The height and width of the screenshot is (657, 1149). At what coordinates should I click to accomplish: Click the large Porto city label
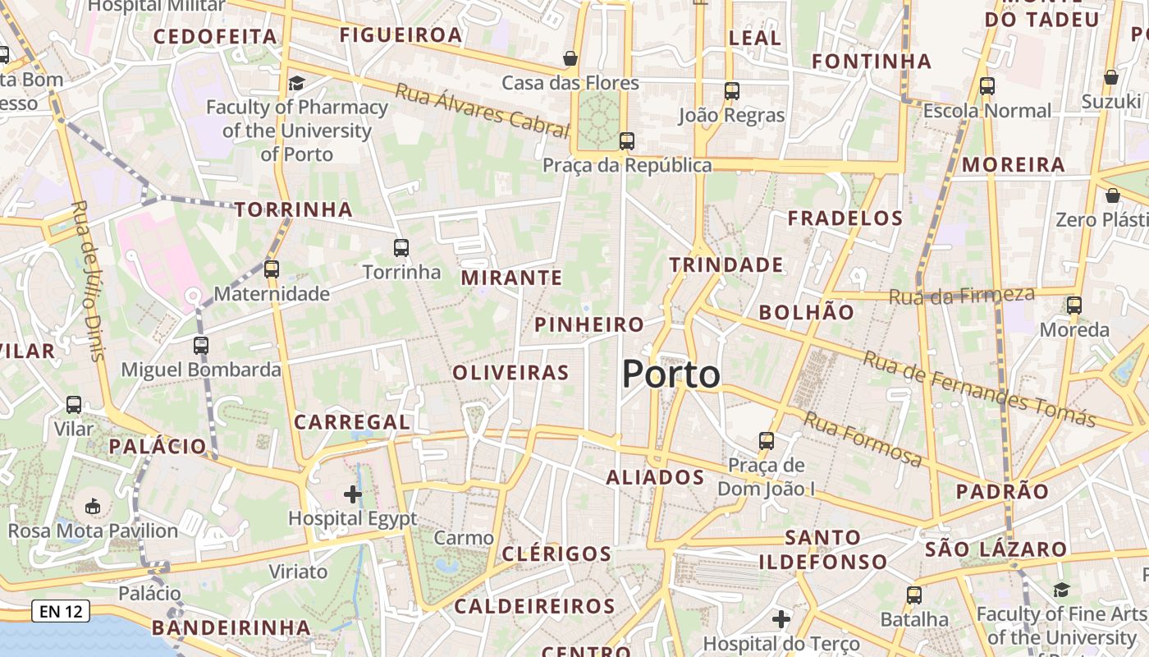[x=671, y=375]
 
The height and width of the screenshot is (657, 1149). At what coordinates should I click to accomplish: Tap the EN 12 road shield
[x=61, y=611]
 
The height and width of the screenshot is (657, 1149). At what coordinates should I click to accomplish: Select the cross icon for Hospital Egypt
[x=353, y=494]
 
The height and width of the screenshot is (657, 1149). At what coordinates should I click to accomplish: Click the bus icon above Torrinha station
[x=401, y=247]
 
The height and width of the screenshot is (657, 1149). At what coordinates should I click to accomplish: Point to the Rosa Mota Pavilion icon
[x=93, y=506]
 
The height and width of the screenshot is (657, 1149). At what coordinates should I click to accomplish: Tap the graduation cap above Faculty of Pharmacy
[x=296, y=83]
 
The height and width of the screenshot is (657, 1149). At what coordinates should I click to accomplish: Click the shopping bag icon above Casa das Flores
[x=570, y=58]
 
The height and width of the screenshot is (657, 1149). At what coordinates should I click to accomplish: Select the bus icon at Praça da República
[x=627, y=140]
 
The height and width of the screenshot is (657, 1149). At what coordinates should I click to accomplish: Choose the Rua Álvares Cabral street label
[x=482, y=110]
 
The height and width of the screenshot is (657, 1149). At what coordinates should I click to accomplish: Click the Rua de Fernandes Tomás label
[x=979, y=388]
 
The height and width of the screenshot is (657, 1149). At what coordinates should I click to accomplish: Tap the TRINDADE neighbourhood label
[x=726, y=265]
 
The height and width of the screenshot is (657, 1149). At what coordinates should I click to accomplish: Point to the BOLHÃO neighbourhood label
[x=807, y=312]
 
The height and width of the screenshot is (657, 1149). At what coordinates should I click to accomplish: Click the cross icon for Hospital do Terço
[x=781, y=618]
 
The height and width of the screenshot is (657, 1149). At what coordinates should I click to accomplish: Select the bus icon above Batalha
[x=914, y=595]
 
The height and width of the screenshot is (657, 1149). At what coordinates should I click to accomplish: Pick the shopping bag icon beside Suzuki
[x=1111, y=77]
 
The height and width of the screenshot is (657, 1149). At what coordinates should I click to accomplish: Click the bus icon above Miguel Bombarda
[x=201, y=345]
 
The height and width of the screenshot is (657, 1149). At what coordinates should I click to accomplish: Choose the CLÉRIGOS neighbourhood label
[x=557, y=554]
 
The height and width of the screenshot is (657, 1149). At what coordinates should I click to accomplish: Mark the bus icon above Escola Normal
[x=987, y=85]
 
